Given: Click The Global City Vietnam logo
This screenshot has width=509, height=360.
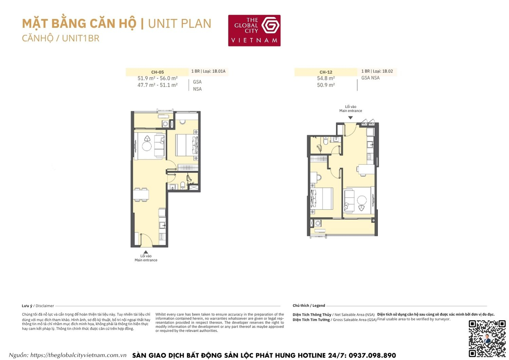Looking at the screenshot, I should [254, 30].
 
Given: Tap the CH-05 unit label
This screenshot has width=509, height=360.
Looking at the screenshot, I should [157, 72].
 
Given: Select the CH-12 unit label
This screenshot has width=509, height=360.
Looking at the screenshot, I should [326, 72].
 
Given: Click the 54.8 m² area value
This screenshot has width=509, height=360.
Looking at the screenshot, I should [326, 78].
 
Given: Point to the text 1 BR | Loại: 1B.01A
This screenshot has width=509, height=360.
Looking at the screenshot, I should [208, 71].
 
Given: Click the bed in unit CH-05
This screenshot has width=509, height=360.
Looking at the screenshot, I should [186, 145].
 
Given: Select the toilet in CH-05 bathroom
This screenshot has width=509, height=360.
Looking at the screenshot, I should [183, 185].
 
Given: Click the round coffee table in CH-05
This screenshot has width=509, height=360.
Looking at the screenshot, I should [147, 146].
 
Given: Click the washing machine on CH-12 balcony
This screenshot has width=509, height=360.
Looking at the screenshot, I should [318, 223].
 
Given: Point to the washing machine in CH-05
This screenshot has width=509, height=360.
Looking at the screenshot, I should [165, 124].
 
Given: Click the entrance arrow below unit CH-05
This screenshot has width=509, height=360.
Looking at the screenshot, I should [146, 252].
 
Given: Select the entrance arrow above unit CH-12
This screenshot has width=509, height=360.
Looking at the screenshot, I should [351, 118].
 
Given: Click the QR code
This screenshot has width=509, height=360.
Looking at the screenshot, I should [487, 338].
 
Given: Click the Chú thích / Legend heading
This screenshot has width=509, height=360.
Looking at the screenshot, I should [309, 306].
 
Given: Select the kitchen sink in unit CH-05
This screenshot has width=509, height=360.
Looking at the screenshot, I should [162, 225].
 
